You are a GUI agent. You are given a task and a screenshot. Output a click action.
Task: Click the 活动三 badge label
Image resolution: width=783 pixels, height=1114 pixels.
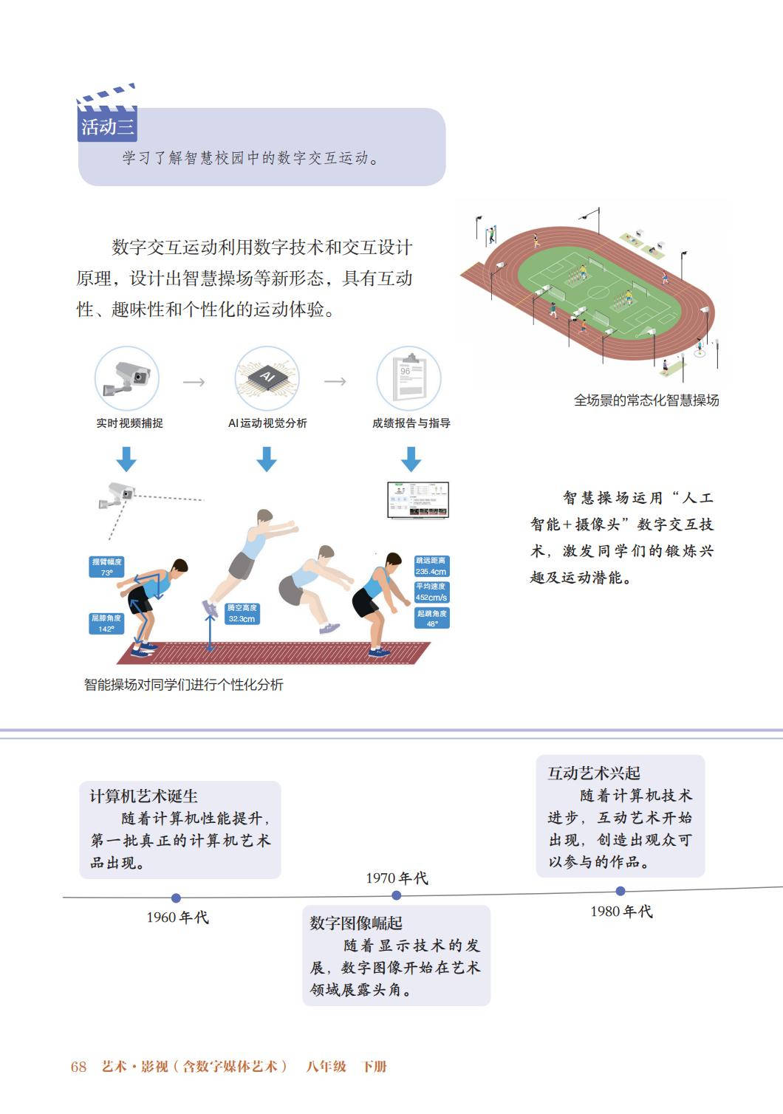107,127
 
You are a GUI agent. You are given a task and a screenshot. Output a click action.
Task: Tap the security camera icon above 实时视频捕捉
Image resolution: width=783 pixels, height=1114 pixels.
127,378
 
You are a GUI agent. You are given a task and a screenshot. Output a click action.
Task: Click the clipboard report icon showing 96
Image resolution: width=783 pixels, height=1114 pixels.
408,378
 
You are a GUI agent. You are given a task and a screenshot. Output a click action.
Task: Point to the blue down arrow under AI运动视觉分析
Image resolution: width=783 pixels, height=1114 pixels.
267,459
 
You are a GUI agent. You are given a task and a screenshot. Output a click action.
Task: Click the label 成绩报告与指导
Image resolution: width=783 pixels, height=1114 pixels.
411,423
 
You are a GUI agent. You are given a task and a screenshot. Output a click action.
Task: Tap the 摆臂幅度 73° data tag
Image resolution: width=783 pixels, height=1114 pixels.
106,567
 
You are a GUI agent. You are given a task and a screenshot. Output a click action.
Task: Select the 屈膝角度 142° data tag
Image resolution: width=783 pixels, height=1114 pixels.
106,623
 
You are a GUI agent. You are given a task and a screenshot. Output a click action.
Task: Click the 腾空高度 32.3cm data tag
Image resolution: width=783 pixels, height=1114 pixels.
242,613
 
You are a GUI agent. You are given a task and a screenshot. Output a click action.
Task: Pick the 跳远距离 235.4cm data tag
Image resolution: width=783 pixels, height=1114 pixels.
431,566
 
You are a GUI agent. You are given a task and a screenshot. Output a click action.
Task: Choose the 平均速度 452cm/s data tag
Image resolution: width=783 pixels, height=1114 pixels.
431,592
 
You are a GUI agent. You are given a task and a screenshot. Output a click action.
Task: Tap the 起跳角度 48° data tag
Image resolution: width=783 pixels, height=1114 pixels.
431,618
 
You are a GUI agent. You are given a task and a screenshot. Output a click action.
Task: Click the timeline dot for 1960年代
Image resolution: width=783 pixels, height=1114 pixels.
176,898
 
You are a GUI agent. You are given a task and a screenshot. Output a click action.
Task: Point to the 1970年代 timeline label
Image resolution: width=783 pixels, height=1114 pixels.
397,878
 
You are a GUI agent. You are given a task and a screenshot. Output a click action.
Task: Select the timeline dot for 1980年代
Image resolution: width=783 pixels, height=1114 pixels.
620,891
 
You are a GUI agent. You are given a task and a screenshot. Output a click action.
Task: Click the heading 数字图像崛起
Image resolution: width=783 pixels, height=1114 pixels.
356,923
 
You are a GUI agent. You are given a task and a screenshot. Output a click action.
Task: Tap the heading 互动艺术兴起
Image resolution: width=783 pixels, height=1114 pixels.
594,773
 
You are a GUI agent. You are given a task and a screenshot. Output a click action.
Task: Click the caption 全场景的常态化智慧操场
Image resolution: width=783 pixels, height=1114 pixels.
646,400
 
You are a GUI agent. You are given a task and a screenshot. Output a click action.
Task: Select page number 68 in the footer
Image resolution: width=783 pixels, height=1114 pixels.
78,1066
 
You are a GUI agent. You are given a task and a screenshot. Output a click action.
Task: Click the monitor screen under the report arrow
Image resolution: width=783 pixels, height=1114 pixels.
418,500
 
